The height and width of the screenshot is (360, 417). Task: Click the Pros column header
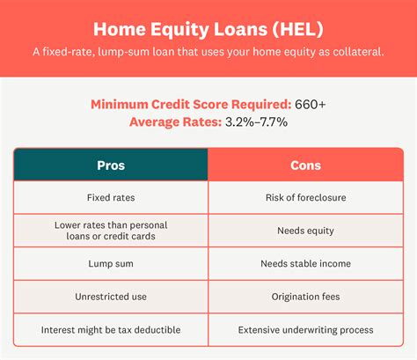pyautogui.click(x=111, y=165)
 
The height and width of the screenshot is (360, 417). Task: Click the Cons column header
pyautogui.click(x=305, y=165)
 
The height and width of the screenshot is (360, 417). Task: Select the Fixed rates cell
pyautogui.click(x=111, y=197)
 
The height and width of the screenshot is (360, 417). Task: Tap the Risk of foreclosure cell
pyautogui.click(x=305, y=197)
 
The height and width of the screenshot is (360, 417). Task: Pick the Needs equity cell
pyautogui.click(x=305, y=231)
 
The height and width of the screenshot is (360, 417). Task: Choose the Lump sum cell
pyautogui.click(x=111, y=263)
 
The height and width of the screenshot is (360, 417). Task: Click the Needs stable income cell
pyautogui.click(x=305, y=263)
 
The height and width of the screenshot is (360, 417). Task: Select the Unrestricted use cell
pyautogui.click(x=111, y=297)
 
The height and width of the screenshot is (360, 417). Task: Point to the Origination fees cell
pyautogui.click(x=305, y=297)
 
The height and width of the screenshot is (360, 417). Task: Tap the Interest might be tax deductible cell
pyautogui.click(x=111, y=330)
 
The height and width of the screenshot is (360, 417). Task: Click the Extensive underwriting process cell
pyautogui.click(x=305, y=330)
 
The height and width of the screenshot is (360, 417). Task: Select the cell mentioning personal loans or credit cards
pyautogui.click(x=111, y=231)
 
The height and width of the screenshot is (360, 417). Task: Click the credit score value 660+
pyautogui.click(x=311, y=105)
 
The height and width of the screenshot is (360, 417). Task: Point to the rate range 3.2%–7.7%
pyautogui.click(x=256, y=122)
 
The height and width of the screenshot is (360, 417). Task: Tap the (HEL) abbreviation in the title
pyautogui.click(x=298, y=29)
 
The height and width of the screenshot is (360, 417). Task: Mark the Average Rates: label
pyautogui.click(x=175, y=122)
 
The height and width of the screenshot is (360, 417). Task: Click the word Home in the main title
pyautogui.click(x=120, y=29)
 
